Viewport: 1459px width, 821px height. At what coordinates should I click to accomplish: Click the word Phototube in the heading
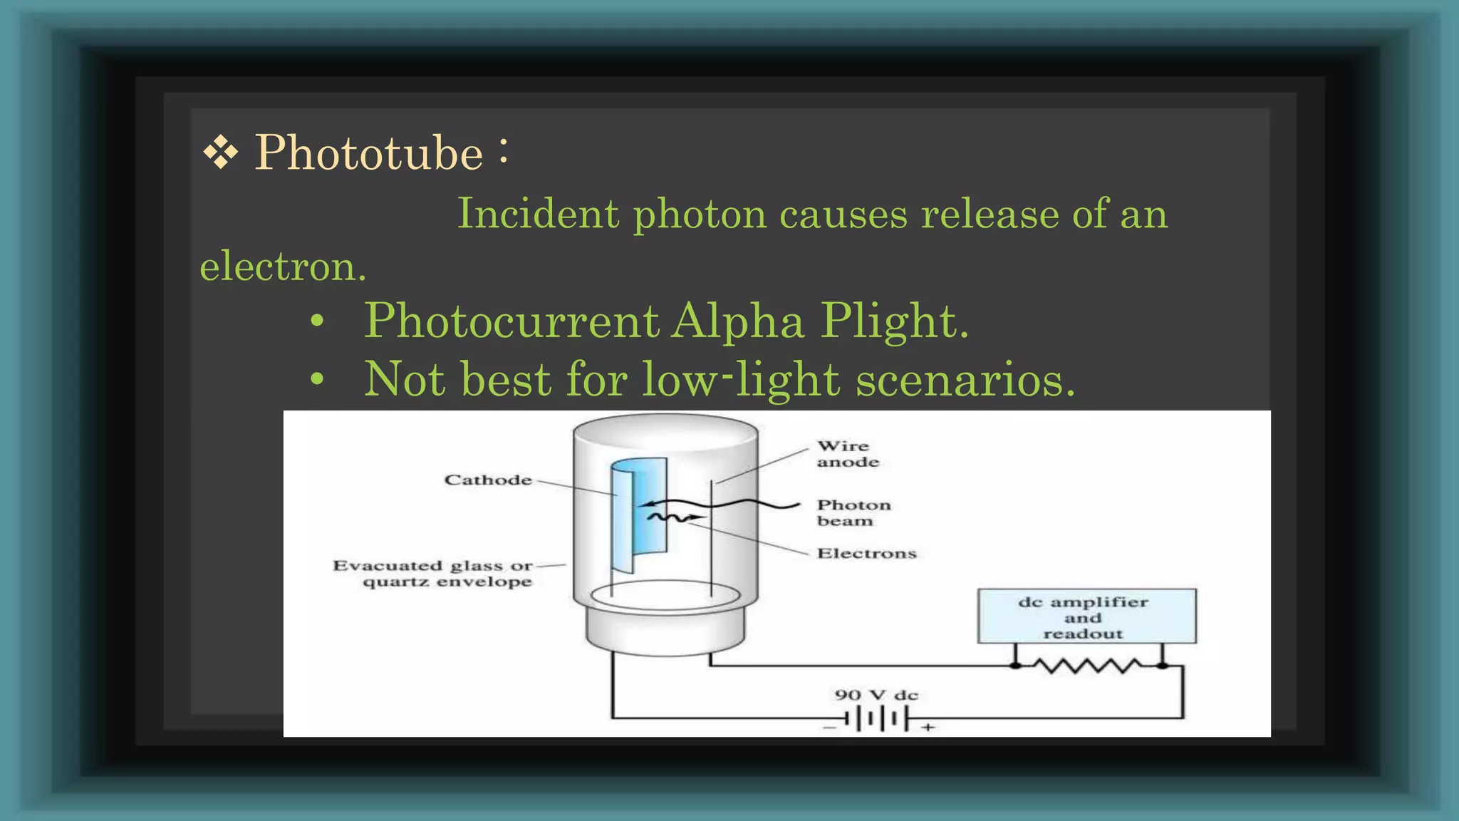click(369, 153)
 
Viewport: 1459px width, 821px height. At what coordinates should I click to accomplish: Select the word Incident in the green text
click(538, 213)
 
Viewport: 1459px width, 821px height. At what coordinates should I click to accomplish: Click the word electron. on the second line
click(283, 267)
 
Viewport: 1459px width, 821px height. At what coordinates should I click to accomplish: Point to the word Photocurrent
click(512, 321)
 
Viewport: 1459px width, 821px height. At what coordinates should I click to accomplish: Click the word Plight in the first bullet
click(894, 321)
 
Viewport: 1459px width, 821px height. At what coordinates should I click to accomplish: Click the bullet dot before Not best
click(317, 379)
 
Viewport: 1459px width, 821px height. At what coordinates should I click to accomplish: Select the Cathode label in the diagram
click(488, 480)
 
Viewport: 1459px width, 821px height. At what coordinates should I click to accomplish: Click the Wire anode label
click(848, 454)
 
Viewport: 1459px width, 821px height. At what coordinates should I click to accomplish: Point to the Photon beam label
click(853, 512)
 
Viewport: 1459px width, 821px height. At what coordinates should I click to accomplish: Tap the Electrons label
click(866, 554)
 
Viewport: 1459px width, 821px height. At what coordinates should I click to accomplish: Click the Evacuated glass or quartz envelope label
click(432, 574)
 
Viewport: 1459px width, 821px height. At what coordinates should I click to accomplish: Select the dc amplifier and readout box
click(1086, 616)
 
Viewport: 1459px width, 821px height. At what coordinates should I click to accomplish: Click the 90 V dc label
click(876, 695)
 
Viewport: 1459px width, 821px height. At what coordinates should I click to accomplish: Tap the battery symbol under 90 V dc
click(879, 720)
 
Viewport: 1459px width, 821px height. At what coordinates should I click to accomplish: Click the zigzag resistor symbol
click(1088, 666)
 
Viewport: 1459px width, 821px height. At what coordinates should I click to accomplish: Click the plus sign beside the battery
click(928, 728)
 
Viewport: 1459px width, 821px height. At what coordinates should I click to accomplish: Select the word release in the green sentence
click(990, 213)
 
